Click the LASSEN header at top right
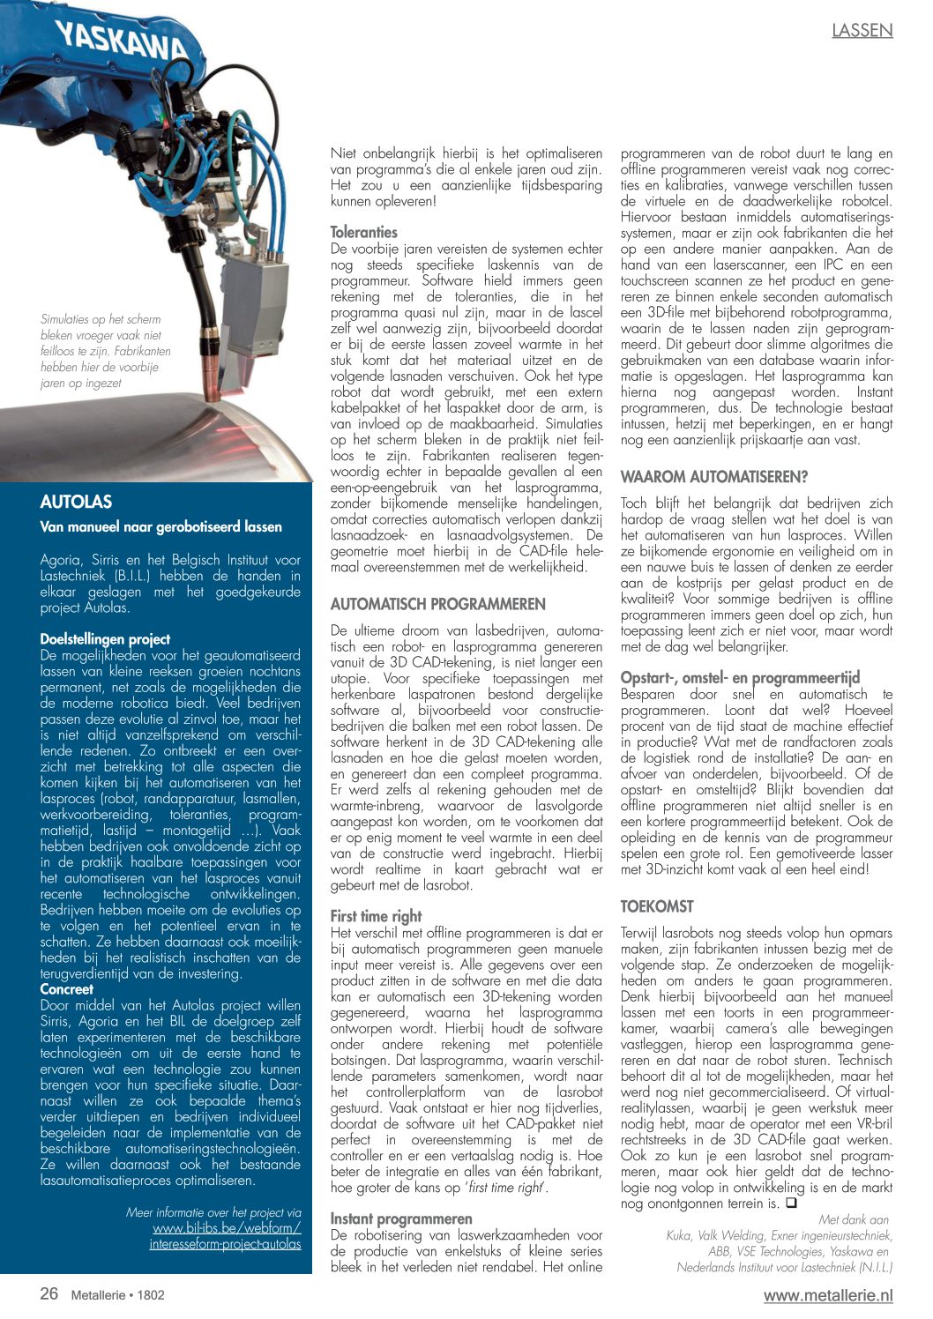coord(862,31)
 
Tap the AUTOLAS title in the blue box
coord(76,502)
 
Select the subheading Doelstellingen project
coord(105,639)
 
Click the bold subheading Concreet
coord(67,989)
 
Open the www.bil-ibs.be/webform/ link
coord(227,1228)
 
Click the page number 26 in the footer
coord(49,1293)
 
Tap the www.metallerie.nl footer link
coord(828,1295)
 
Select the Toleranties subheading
coord(363,232)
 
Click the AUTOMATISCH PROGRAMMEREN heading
coord(437,605)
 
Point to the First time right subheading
coord(376,916)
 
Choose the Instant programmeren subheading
coord(401,1218)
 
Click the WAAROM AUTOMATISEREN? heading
coord(713,477)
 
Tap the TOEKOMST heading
coord(657,906)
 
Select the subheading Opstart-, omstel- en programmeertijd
coord(740,678)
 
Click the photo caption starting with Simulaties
coord(106,351)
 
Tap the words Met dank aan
coord(853,1219)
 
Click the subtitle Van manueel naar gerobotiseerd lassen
coord(161,527)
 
